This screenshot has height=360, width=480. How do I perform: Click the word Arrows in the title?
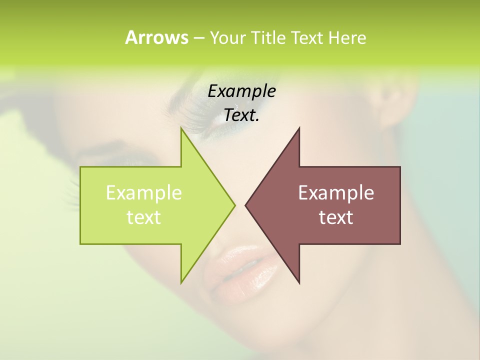(156, 37)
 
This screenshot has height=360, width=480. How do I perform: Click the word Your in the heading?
(227, 37)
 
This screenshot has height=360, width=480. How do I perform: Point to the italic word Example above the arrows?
(241, 91)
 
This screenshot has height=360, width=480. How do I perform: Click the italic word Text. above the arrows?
(241, 115)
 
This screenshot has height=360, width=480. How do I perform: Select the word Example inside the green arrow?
(144, 192)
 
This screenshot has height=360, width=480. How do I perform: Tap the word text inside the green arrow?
(144, 217)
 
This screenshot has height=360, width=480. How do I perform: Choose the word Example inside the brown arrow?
(336, 192)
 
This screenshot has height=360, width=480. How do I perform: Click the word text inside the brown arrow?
(336, 217)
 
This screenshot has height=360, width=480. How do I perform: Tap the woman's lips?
(240, 272)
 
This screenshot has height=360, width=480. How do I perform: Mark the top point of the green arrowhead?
(181, 129)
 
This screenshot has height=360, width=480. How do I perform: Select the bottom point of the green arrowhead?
(181, 282)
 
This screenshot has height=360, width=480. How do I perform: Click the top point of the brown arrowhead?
(299, 129)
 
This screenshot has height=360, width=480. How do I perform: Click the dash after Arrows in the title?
(198, 38)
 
